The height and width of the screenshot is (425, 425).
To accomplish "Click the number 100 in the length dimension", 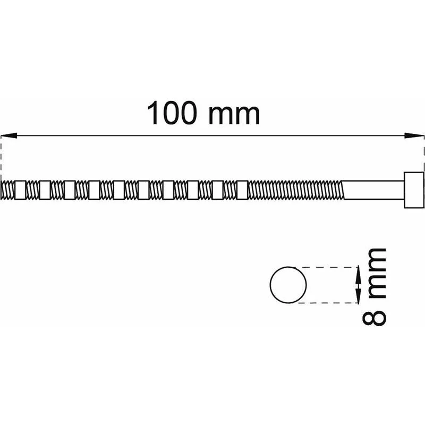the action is [171, 113].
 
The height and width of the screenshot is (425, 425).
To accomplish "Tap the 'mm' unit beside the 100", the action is [234, 115].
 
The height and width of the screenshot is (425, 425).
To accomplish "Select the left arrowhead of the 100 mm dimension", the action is [9, 135].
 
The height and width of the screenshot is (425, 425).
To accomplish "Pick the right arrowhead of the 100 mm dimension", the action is [414, 135].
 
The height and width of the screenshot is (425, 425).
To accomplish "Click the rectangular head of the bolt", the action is [414, 190].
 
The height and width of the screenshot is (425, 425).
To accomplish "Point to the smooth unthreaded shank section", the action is [373, 190].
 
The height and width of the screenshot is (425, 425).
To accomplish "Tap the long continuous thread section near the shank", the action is [295, 190].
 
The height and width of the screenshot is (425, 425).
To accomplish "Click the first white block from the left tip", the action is [20, 190].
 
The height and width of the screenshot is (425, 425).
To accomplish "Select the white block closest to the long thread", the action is [242, 190].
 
